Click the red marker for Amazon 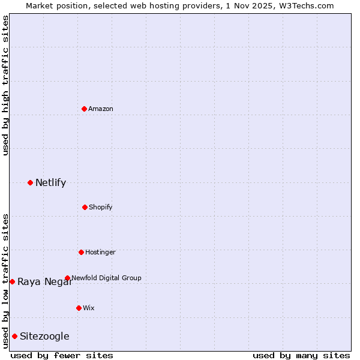point(84,109)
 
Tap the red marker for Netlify point(30,182)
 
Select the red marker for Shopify point(85,207)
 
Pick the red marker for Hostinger point(81,252)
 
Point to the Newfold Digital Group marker point(67,278)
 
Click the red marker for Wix point(79,308)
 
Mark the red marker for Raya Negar point(12,281)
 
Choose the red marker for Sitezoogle point(14,336)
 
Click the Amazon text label point(101,109)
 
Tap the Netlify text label point(50,182)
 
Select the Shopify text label point(101,207)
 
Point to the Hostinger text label point(100,252)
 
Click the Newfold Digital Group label point(107,278)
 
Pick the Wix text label point(89,308)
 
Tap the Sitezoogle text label point(44,336)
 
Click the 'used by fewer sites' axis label point(62,355)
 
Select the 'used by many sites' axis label point(301,355)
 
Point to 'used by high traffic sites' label point(5,85)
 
